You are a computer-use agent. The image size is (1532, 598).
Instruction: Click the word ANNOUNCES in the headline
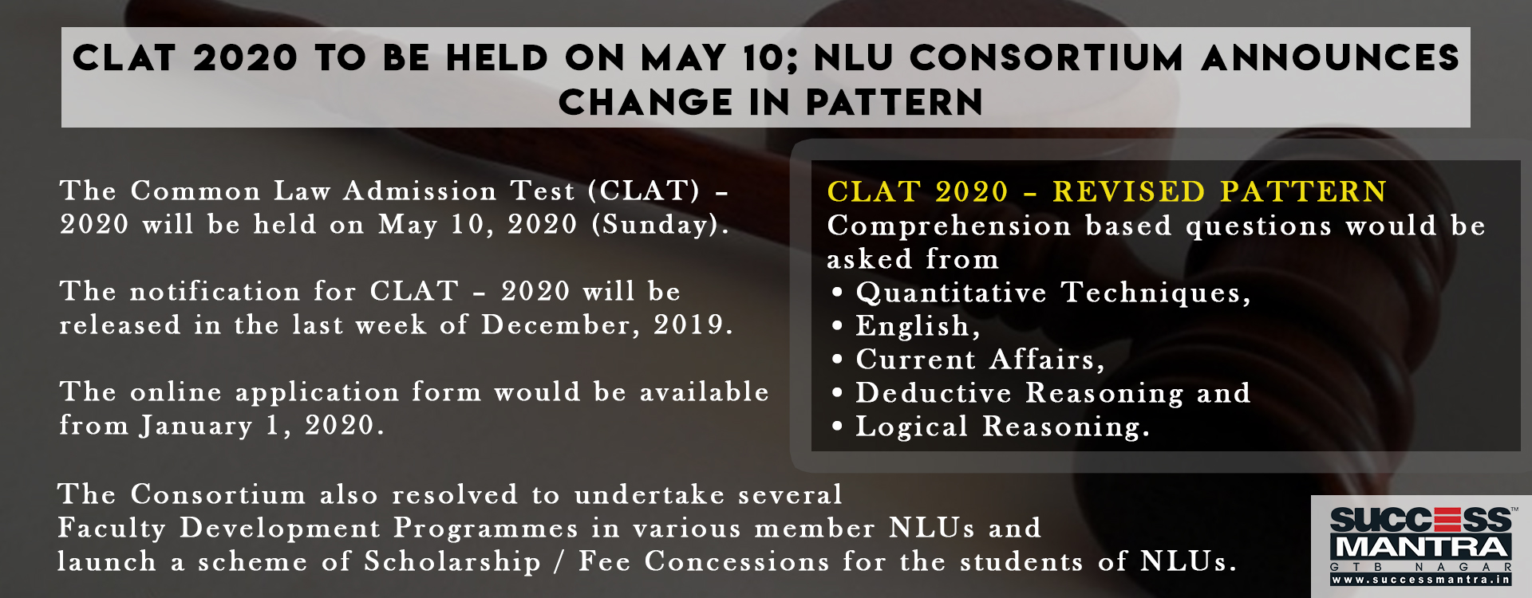click(x=1330, y=57)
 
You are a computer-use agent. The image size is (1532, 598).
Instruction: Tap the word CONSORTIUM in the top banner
click(x=1047, y=57)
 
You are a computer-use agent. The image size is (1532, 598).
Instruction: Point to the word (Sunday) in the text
click(x=660, y=225)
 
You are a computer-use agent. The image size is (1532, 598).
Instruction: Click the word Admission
click(x=420, y=191)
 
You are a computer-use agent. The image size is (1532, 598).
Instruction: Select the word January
click(x=196, y=426)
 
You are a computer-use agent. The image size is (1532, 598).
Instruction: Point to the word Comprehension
click(x=950, y=226)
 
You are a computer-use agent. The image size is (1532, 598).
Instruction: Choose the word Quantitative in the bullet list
click(x=951, y=293)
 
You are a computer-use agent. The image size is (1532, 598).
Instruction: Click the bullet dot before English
click(x=836, y=326)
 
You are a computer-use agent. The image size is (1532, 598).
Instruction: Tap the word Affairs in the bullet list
click(x=1048, y=360)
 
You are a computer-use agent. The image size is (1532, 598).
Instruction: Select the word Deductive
click(x=934, y=393)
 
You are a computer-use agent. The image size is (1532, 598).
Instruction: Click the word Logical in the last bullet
click(x=912, y=427)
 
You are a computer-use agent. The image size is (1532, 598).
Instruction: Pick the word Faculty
click(x=112, y=529)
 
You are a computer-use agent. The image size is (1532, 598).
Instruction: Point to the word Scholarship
click(x=452, y=562)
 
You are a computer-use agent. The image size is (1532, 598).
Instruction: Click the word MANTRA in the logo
click(x=1422, y=547)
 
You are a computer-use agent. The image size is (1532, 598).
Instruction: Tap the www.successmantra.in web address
click(x=1422, y=580)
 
